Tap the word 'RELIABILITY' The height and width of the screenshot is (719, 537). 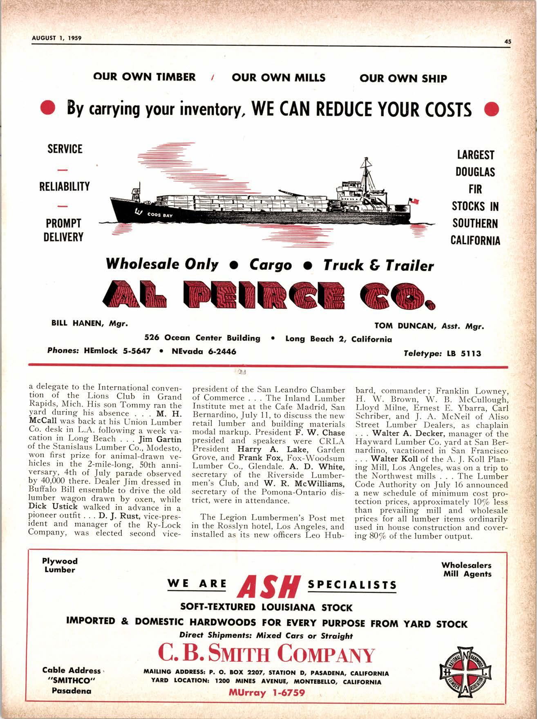click(64, 186)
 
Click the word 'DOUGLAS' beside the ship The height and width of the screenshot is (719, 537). click(475, 172)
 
